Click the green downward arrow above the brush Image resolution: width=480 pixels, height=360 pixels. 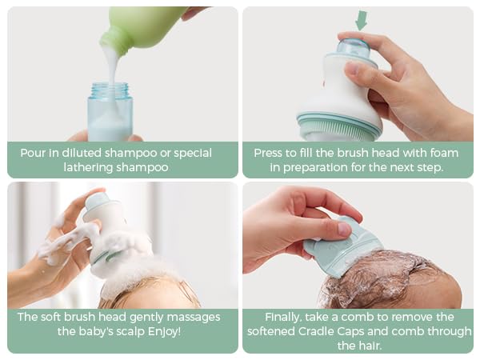click(361, 20)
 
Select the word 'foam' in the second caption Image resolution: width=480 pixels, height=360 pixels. click(442, 153)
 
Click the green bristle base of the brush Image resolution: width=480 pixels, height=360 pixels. click(341, 126)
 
